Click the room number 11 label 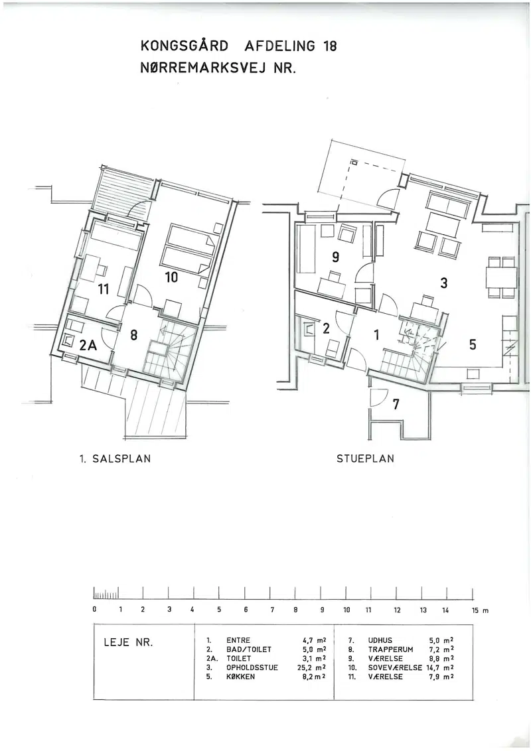[103, 289]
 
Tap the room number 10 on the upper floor [171, 277]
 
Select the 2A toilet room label [88, 346]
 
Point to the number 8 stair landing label [133, 335]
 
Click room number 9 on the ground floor [336, 257]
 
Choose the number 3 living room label [444, 283]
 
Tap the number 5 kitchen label [473, 344]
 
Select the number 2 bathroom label [327, 328]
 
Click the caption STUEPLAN [365, 458]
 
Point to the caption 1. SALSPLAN [115, 458]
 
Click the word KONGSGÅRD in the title [185, 46]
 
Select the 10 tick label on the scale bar [347, 610]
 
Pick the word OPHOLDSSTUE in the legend [252, 667]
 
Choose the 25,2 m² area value [312, 667]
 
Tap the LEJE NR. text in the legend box [128, 643]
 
